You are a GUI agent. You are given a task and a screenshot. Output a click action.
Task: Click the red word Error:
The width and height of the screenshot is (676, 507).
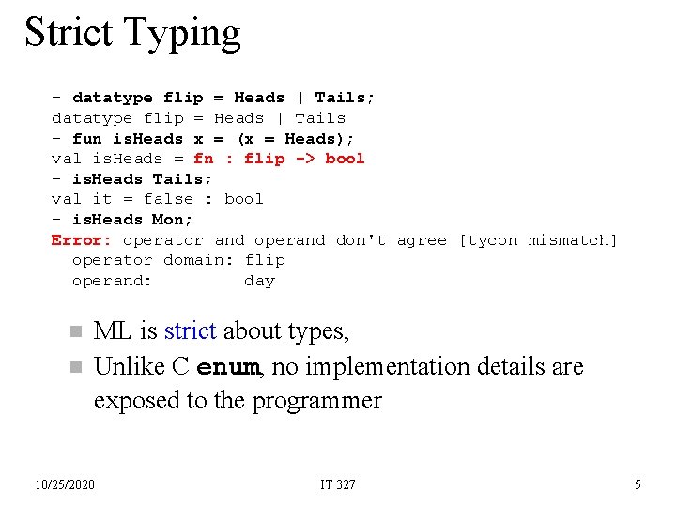point(82,240)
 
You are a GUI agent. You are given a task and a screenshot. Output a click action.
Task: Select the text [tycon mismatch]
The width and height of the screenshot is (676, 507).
point(538,240)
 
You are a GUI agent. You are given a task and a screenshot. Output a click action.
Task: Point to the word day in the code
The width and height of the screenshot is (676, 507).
point(259,281)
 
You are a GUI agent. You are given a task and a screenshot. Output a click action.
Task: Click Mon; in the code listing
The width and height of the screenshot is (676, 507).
point(173,220)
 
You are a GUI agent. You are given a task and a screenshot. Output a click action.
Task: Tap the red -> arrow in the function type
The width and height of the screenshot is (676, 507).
point(305,159)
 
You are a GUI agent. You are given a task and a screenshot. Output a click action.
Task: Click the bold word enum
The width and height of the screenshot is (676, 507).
point(228,367)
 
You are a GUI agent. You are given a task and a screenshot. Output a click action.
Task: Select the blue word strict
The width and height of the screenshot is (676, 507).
point(190,331)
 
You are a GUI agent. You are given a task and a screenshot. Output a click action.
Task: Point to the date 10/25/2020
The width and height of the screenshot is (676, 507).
point(65,484)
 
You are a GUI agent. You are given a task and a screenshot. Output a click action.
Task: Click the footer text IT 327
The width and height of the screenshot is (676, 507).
point(338,484)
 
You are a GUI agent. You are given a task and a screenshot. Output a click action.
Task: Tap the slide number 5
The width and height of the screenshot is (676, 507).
point(638,484)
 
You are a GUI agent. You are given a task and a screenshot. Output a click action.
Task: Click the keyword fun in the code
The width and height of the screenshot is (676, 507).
point(86,139)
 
